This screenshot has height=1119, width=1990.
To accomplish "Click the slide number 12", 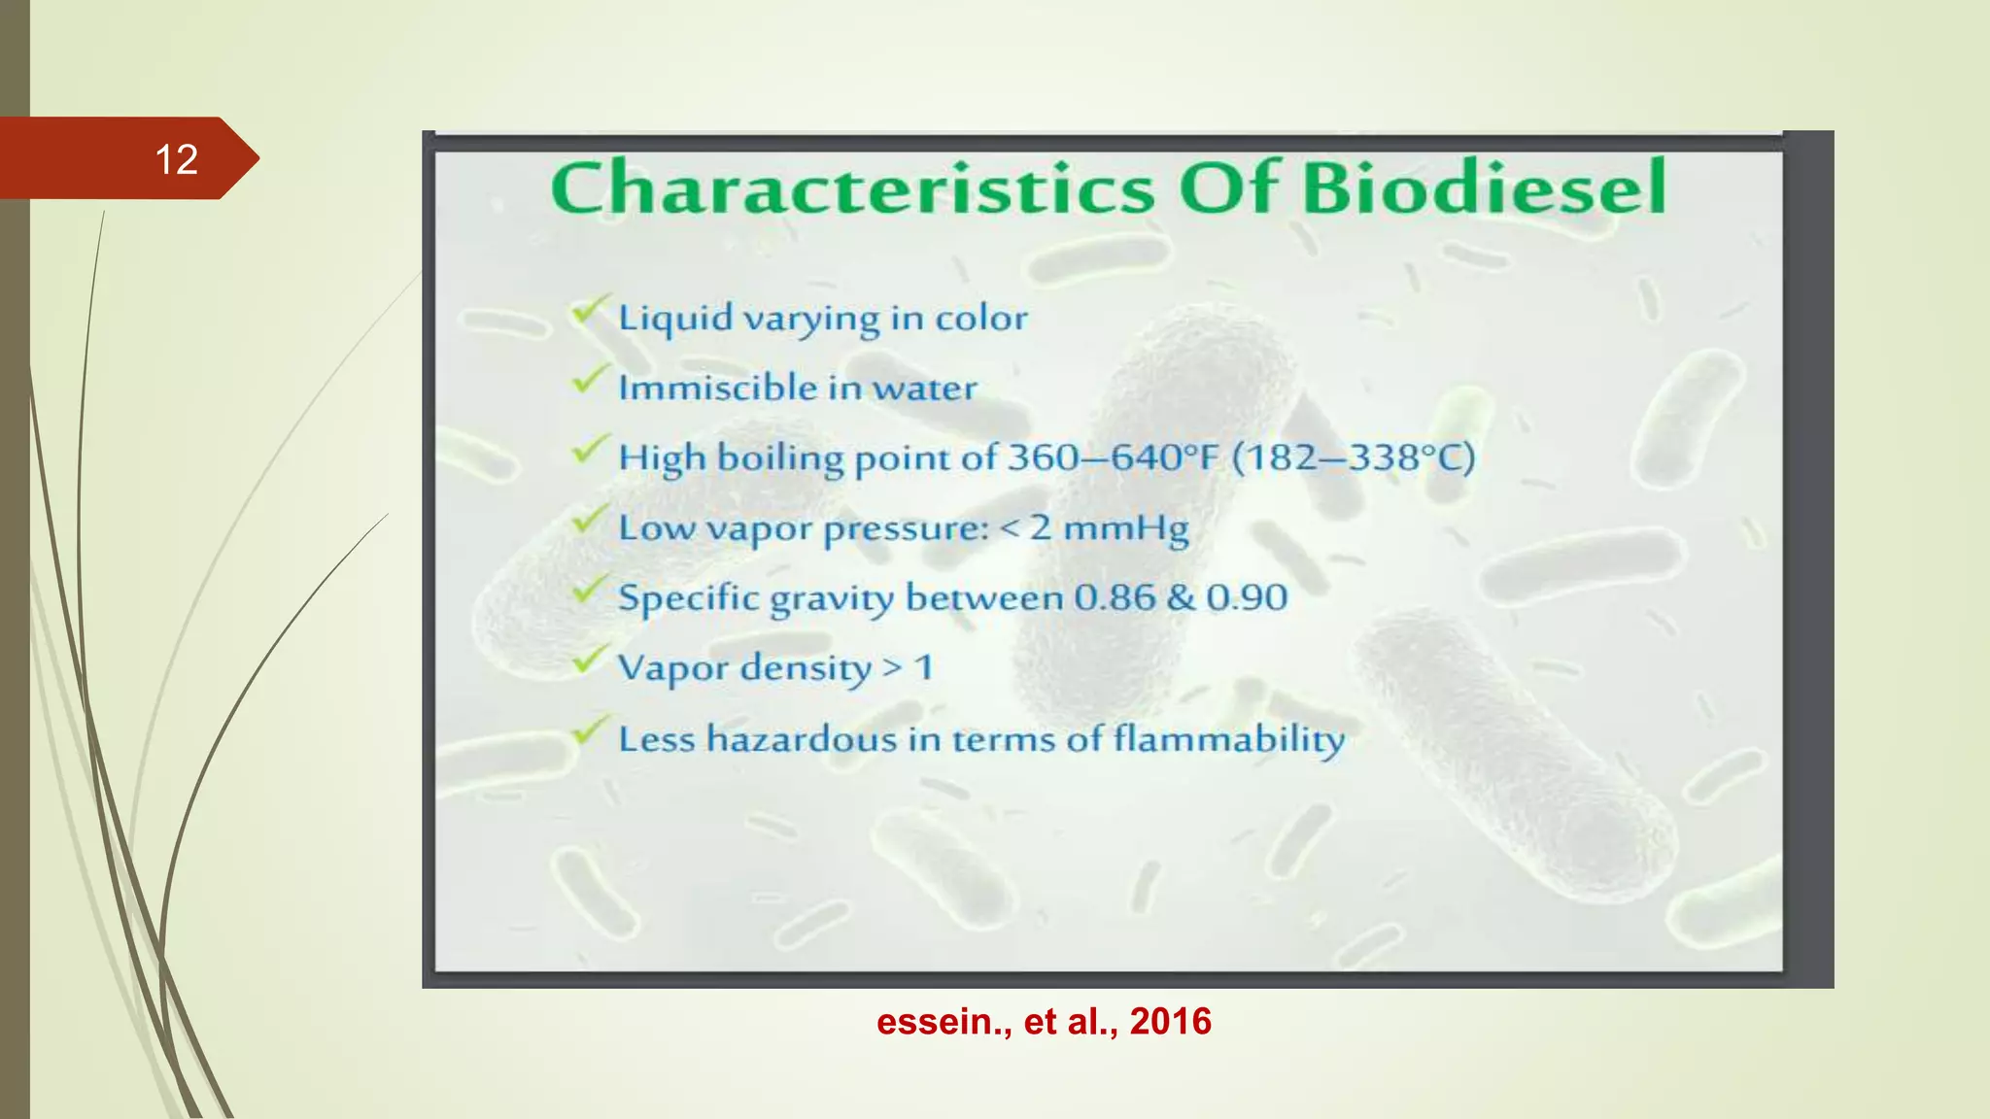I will click(x=176, y=159).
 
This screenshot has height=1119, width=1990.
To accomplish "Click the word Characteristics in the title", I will click(x=852, y=188).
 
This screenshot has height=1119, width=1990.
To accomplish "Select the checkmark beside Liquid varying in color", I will click(x=589, y=312).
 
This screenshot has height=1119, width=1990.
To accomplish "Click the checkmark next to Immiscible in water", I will click(x=589, y=381).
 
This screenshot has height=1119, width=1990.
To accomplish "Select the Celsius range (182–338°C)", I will click(x=1353, y=457).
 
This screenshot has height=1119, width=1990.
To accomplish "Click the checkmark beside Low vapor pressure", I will click(x=589, y=521).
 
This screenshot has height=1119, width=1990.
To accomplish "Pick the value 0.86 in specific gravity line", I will click(x=1115, y=597).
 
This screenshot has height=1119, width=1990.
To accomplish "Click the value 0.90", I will click(x=1247, y=597).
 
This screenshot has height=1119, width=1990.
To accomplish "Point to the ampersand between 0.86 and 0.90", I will click(x=1181, y=597).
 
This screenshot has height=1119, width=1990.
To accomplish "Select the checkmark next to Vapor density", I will click(x=589, y=661).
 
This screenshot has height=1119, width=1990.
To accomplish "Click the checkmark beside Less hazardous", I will click(x=589, y=731).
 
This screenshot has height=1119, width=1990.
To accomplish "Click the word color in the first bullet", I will click(x=980, y=319).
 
